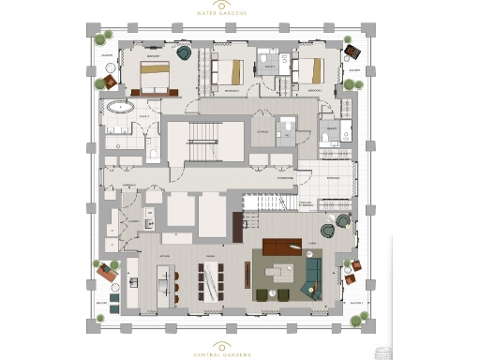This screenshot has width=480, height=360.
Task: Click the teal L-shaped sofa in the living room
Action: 311,271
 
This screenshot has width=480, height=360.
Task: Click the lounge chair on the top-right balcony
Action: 353,52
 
